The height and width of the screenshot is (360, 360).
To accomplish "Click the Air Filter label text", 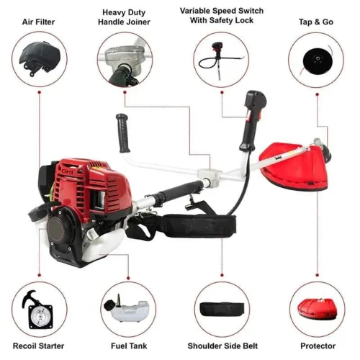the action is [x=38, y=22].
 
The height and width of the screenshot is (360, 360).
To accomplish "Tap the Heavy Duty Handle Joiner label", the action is [x=124, y=17].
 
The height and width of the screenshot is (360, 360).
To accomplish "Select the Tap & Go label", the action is [x=316, y=22].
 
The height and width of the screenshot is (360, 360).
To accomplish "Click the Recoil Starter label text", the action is [x=38, y=346].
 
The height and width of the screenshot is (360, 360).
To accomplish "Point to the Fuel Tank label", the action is [x=129, y=346].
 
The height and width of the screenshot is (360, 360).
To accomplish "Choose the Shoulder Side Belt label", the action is [x=222, y=346].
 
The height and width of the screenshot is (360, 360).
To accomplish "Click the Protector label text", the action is [x=318, y=346].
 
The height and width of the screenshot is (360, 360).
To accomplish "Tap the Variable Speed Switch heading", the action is [x=222, y=11].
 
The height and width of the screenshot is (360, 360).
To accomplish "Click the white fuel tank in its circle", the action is [x=127, y=310].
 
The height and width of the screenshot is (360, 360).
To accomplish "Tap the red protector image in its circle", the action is [x=318, y=310].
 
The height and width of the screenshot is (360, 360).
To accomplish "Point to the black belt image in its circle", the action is [x=222, y=309].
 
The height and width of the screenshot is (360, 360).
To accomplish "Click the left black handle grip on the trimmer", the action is [x=123, y=133].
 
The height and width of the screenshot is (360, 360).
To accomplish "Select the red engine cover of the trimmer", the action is [x=92, y=186].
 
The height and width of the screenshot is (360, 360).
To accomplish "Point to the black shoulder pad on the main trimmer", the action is [x=200, y=225].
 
